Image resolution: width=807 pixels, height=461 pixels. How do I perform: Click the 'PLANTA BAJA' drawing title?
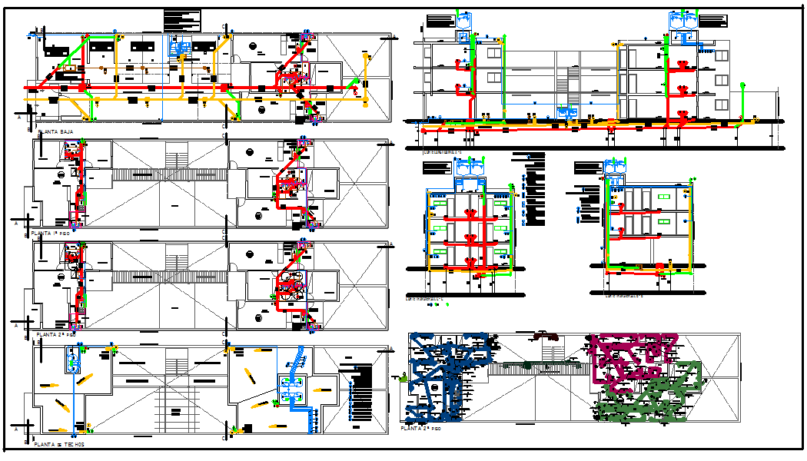coord(56,132)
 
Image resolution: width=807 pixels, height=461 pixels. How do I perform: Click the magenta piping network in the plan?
coord(630,357)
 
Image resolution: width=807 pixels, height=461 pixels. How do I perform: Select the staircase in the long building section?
coord(570,81)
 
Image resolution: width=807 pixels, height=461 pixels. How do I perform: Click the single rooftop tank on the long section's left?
coord(463,23)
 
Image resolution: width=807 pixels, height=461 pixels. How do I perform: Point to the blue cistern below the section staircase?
coord(570,112)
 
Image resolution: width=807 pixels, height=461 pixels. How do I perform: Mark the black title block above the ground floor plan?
coord(182,21)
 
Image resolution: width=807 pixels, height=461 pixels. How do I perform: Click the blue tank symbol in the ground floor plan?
coord(180,48)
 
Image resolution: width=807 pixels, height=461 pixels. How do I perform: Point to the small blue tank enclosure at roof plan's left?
coord(75,359)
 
